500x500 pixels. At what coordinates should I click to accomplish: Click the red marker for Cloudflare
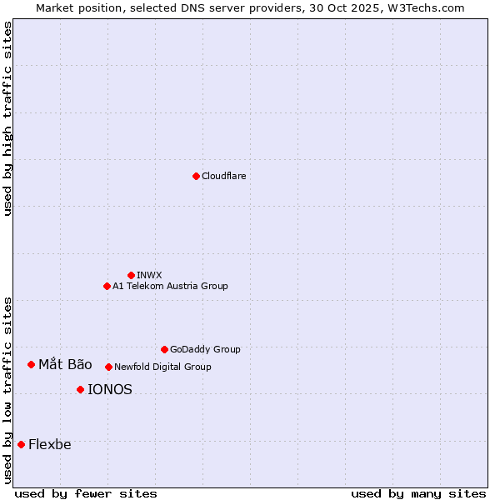pyautogui.click(x=196, y=176)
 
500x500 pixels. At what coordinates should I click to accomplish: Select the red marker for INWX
pyautogui.click(x=131, y=275)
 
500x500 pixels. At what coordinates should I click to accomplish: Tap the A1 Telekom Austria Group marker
pyautogui.click(x=107, y=286)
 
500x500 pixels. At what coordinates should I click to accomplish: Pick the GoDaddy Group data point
pyautogui.click(x=164, y=349)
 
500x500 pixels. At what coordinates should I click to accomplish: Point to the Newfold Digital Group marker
pyautogui.click(x=108, y=367)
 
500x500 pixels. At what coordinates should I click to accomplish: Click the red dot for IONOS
pyautogui.click(x=80, y=389)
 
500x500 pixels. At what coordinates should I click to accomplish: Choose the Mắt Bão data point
pyautogui.click(x=31, y=364)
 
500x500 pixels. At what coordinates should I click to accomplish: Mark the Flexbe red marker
pyautogui.click(x=21, y=444)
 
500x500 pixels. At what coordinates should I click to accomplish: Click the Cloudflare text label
pyautogui.click(x=224, y=176)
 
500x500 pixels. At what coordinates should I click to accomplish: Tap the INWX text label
pyautogui.click(x=150, y=275)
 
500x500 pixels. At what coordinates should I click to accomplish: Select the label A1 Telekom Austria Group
pyautogui.click(x=170, y=286)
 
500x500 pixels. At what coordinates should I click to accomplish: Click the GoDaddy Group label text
pyautogui.click(x=205, y=349)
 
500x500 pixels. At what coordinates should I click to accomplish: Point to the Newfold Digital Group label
pyautogui.click(x=162, y=367)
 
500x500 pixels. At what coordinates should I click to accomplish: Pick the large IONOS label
pyautogui.click(x=110, y=389)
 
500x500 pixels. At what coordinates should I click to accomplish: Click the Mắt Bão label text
pyautogui.click(x=65, y=364)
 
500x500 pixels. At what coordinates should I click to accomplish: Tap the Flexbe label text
pyautogui.click(x=50, y=444)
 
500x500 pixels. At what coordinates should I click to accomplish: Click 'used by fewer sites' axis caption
pyautogui.click(x=86, y=493)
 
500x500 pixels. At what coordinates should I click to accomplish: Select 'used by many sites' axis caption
pyautogui.click(x=418, y=493)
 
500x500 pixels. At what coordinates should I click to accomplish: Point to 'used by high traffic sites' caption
pyautogui.click(x=8, y=118)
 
